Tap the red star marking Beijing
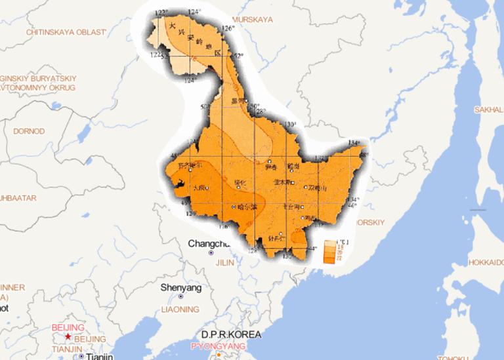pos(68,337)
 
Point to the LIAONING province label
pos(180,309)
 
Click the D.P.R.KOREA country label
pos(231,334)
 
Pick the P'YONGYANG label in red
pos(218,346)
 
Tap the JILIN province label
pos(225,262)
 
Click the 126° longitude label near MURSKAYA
pos(227,28)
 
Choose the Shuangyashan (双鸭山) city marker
pos(306,188)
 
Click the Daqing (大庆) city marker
pos(207,188)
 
